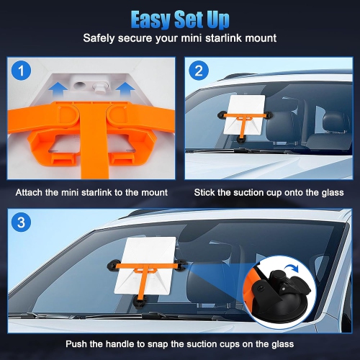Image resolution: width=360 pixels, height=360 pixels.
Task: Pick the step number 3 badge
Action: pos(24,221)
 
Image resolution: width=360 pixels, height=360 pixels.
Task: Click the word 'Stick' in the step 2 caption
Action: pos(206,192)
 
